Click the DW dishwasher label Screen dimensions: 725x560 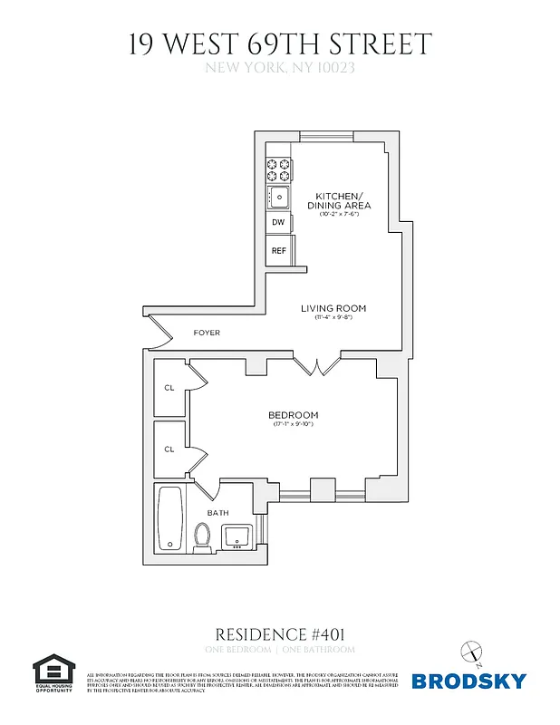(x=278, y=222)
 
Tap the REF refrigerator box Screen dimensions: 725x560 (x=278, y=249)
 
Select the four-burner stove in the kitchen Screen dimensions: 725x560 (x=278, y=169)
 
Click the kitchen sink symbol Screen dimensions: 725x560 (x=278, y=196)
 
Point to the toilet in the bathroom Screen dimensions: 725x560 (x=202, y=536)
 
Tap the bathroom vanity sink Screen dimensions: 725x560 (x=238, y=536)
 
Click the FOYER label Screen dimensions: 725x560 (x=207, y=333)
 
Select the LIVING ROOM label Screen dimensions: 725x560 (x=333, y=309)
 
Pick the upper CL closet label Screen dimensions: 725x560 (x=169, y=388)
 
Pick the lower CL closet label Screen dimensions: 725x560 (x=169, y=449)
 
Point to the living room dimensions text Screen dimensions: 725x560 (x=333, y=318)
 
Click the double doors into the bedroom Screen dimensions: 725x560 (x=316, y=367)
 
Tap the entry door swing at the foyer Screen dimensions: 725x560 (x=159, y=332)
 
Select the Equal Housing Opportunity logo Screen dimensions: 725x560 (x=55, y=675)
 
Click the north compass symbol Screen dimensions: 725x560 (x=471, y=651)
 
